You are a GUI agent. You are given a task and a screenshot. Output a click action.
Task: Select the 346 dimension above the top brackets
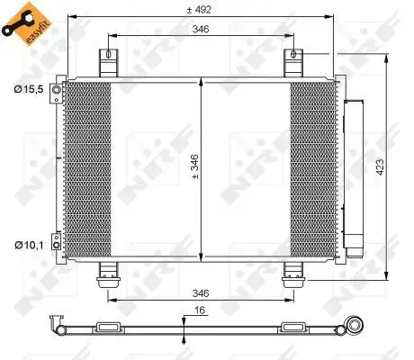click(200, 30)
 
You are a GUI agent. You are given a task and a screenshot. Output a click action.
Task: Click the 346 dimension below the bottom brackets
click(200, 293)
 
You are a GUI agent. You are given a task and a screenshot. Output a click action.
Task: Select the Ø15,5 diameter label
click(27, 90)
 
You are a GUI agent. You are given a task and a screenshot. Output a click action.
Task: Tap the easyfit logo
click(22, 22)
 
